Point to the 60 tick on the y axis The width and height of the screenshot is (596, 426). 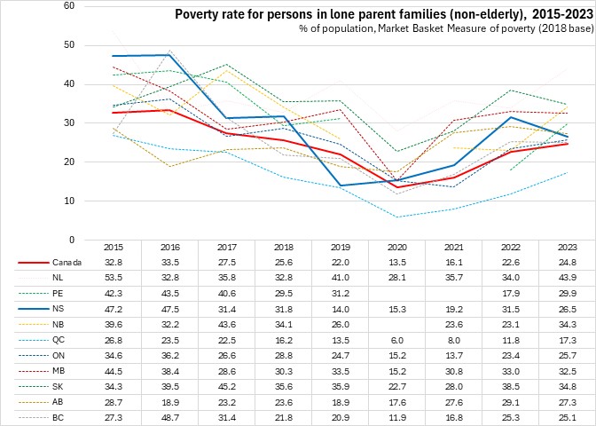pyautogui.click(x=69, y=6)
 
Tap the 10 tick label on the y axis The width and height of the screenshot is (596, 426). pyautogui.click(x=69, y=201)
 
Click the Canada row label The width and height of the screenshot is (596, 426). pyautogui.click(x=62, y=263)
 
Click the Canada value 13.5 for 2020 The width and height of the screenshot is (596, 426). pyautogui.click(x=395, y=263)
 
